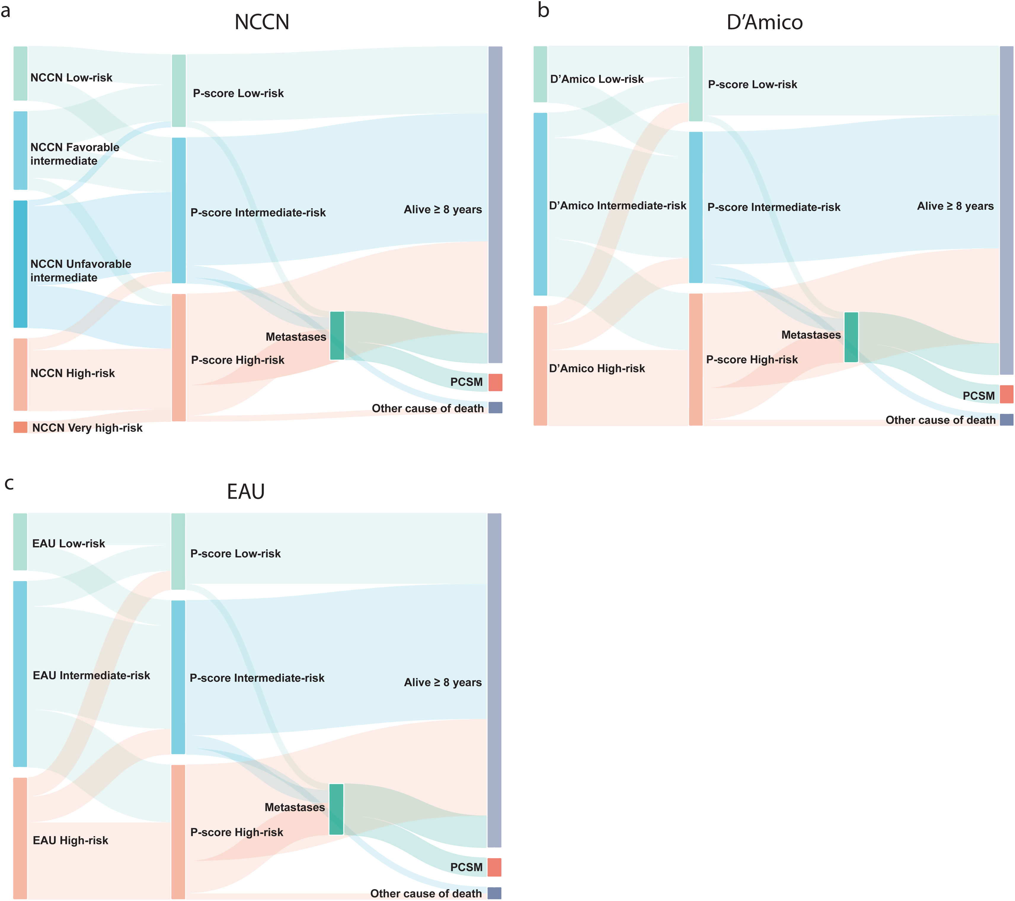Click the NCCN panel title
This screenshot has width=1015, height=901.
click(262, 22)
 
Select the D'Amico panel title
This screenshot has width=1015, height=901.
click(764, 22)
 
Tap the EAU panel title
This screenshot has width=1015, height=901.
click(246, 492)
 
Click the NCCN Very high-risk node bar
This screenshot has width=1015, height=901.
click(20, 427)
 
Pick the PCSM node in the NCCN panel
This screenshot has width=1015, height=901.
click(495, 382)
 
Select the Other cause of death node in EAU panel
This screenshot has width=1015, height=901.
click(494, 893)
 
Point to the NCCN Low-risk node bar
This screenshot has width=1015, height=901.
click(20, 73)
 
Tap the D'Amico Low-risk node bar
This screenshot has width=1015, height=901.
click(540, 74)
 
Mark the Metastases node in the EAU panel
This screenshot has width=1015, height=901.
click(336, 809)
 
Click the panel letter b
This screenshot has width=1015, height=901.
click(543, 10)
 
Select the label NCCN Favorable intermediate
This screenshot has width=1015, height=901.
click(74, 154)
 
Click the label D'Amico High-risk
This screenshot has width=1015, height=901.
click(597, 368)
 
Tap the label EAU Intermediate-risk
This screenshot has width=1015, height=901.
click(91, 675)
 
